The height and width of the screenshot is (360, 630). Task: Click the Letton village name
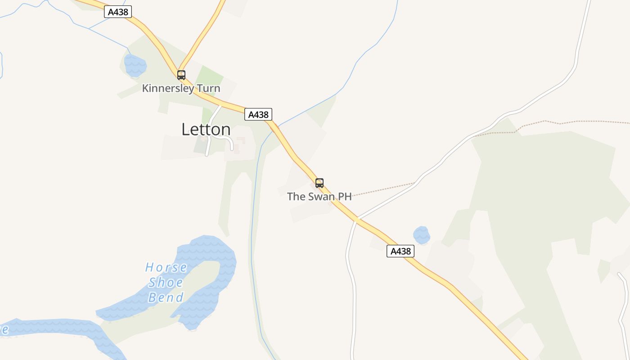206,130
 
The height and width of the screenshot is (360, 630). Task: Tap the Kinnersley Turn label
181,88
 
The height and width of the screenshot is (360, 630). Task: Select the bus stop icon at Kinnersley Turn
181,75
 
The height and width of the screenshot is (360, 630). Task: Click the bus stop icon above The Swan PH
319,183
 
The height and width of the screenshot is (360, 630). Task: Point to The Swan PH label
319,197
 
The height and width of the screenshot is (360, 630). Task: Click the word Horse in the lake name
166,268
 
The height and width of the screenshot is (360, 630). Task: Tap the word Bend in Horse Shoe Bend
166,297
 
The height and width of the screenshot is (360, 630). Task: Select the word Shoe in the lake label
166,283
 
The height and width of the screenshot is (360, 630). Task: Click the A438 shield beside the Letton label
258,114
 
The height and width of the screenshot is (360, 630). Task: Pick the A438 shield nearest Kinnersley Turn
118,12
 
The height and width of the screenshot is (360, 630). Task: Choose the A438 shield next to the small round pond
400,251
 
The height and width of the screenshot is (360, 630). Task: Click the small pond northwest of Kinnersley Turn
135,66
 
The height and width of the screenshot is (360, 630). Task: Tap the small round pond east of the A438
422,235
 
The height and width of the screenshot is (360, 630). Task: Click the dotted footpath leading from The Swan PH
382,189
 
